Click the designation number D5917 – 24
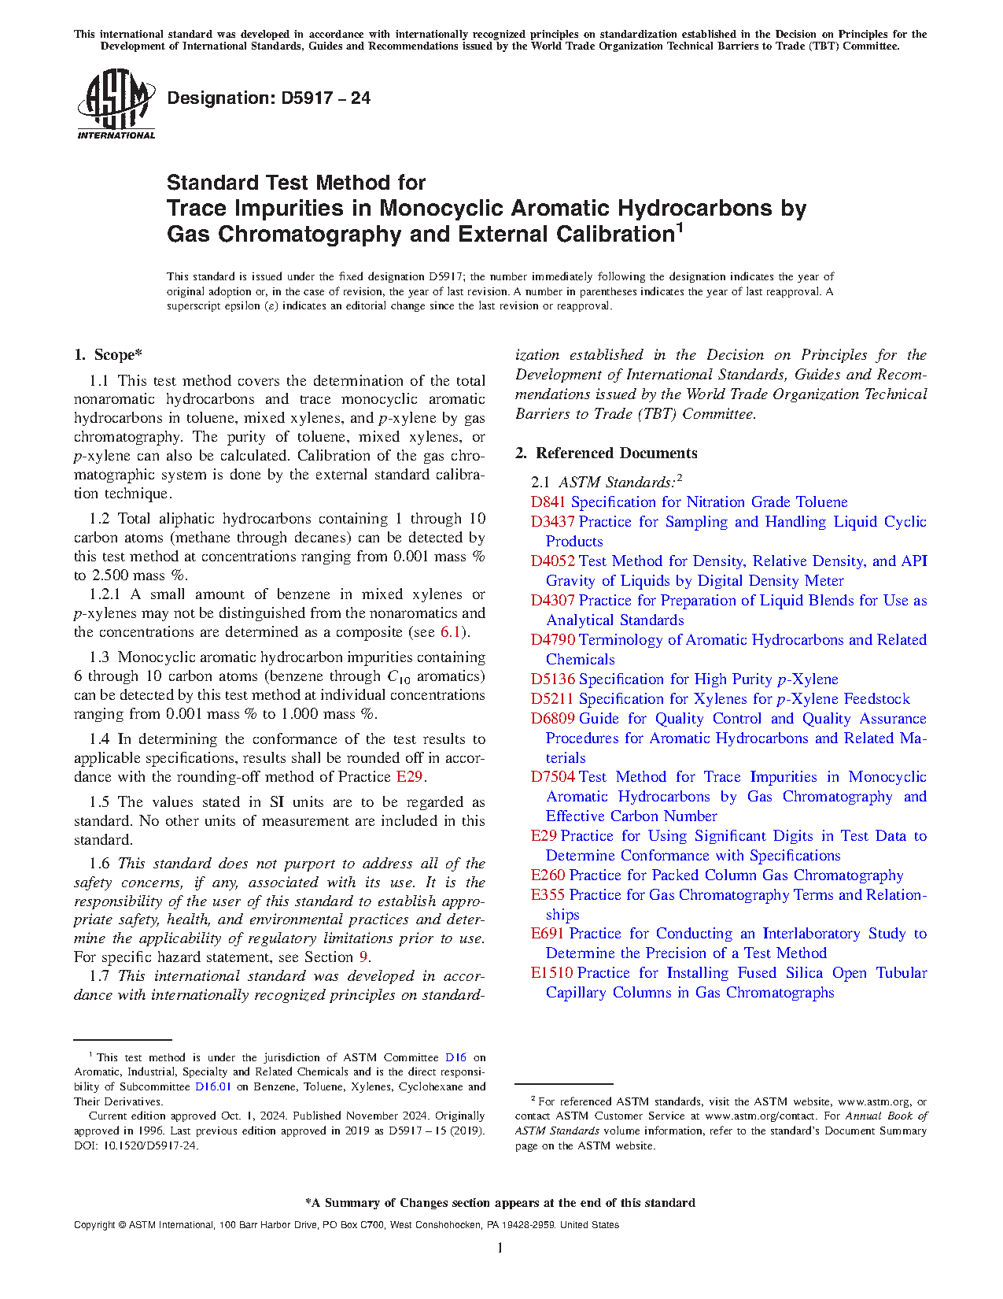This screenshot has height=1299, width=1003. [x=268, y=98]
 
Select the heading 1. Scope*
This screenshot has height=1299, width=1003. [x=109, y=355]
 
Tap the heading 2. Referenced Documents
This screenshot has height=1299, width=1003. [x=606, y=453]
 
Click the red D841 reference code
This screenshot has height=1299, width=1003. [x=548, y=502]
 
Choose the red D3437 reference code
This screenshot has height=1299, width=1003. [x=552, y=522]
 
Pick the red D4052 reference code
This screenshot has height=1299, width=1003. [x=552, y=561]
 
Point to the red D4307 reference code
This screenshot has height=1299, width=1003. [x=552, y=601]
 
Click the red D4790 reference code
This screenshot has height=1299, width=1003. [x=552, y=640]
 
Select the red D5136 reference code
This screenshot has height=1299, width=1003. [x=552, y=679]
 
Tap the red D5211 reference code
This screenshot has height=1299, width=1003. [x=552, y=699]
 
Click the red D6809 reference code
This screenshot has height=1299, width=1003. [x=552, y=719]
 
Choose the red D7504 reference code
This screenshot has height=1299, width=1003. [x=552, y=777]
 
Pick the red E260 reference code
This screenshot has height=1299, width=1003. [x=548, y=875]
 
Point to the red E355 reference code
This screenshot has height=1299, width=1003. [x=548, y=895]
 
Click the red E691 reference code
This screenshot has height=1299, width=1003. [x=548, y=934]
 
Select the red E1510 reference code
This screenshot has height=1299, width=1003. [x=551, y=973]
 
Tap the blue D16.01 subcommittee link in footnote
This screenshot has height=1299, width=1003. [x=213, y=1087]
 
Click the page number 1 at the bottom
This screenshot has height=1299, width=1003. [x=500, y=1247]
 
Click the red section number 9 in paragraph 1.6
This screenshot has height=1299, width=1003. [x=363, y=957]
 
